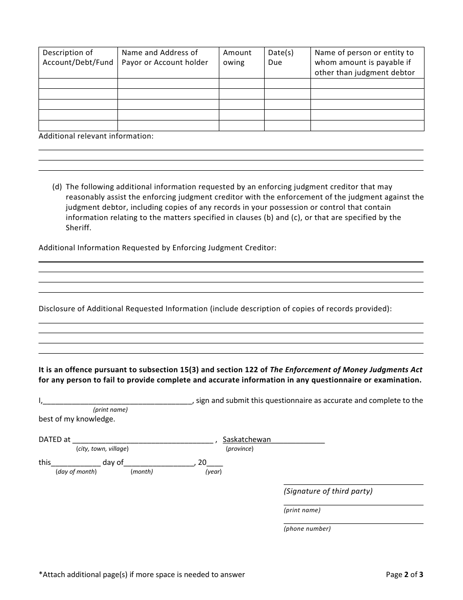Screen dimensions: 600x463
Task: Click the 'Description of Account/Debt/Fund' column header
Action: pos(77,58)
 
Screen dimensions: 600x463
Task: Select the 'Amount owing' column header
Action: pos(237,58)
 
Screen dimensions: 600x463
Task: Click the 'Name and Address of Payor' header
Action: pos(165,58)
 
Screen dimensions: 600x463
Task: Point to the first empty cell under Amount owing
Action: pos(241,83)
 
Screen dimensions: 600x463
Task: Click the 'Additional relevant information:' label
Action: pos(96,136)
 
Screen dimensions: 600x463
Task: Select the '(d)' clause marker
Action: pos(57,187)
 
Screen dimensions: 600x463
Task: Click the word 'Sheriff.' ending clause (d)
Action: pos(78,228)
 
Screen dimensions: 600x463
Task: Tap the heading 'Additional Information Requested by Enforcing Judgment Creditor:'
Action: pos(157,248)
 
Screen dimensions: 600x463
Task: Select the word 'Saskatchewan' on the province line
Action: pos(247,440)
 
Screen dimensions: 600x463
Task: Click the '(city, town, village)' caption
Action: pos(102,449)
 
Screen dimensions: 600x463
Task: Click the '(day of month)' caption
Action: pos(76,472)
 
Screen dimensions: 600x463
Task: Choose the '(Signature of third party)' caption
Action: pos(328,491)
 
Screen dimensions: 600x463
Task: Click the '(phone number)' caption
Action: pos(307,529)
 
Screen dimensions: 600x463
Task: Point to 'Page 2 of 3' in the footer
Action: pos(405,575)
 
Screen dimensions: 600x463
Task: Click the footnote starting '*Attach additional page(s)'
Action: pos(142,575)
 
